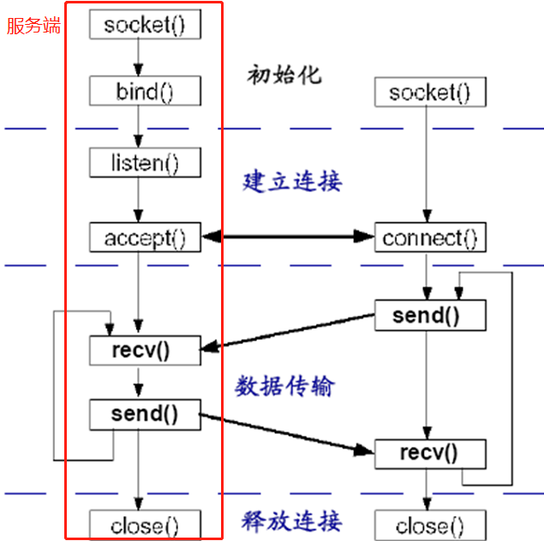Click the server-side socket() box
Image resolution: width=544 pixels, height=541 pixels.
click(x=145, y=24)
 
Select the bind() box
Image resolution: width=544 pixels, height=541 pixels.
click(x=145, y=91)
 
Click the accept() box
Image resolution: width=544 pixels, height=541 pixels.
click(x=145, y=237)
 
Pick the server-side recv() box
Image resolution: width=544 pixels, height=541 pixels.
click(x=145, y=348)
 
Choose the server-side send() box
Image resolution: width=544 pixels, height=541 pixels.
click(x=145, y=414)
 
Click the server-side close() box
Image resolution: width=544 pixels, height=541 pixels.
click(x=145, y=524)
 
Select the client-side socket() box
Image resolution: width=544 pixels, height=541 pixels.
click(x=429, y=92)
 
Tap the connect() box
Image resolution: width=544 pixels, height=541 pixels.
click(x=429, y=237)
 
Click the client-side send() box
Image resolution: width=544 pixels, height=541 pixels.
click(x=429, y=315)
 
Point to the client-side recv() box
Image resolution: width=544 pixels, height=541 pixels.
click(x=429, y=453)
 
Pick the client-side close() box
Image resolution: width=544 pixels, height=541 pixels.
click(x=429, y=524)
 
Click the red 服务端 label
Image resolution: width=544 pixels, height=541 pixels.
click(x=34, y=25)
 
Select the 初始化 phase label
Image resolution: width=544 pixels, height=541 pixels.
click(x=284, y=74)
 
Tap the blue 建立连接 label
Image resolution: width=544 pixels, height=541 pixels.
click(x=291, y=181)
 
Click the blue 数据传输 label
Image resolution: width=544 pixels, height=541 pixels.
click(x=284, y=386)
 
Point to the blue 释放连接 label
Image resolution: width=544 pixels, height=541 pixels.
click(x=291, y=520)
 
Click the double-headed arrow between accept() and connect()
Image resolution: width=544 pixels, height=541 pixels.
click(x=288, y=236)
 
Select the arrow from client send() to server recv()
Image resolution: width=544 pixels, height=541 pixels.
click(x=288, y=332)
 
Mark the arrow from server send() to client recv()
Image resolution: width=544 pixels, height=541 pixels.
click(x=288, y=433)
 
